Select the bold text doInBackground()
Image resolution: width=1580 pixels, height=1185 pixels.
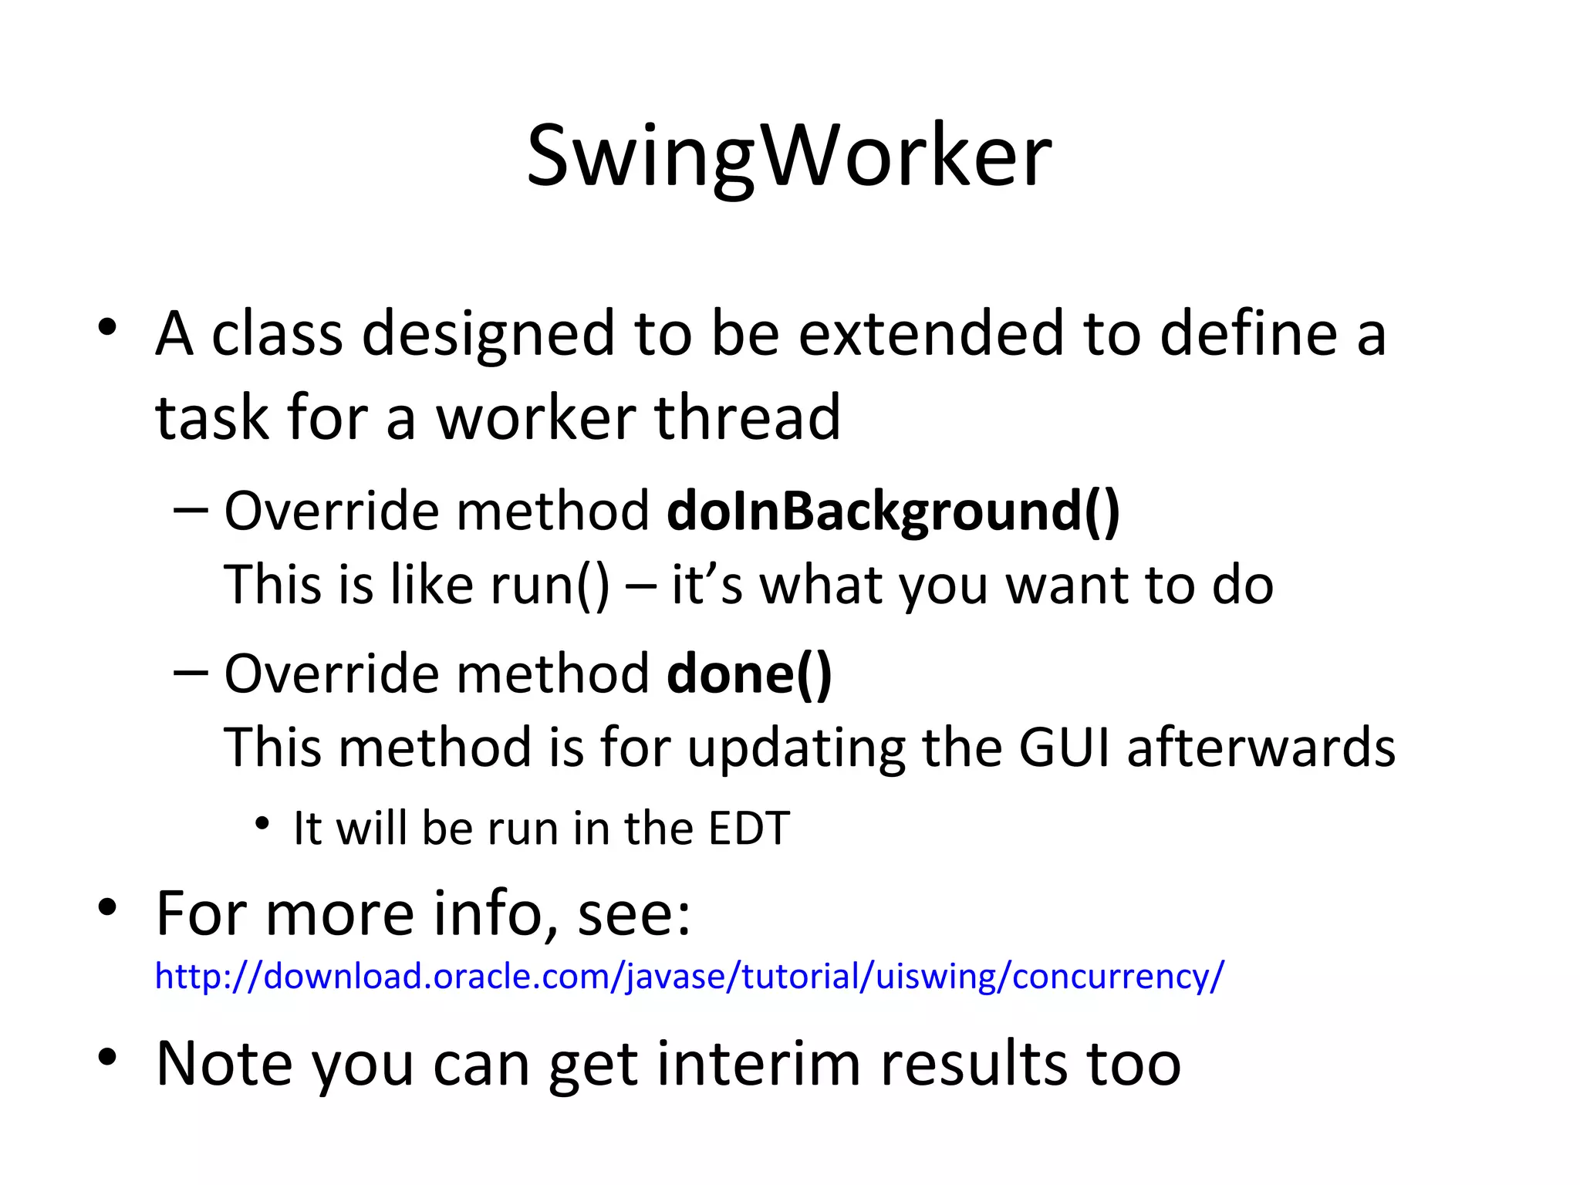(893, 511)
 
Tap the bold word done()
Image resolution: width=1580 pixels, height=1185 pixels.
(749, 674)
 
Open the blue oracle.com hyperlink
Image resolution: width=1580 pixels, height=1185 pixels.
(689, 976)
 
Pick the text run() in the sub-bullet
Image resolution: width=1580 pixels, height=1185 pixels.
(550, 585)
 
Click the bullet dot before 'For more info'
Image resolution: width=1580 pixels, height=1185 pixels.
(107, 907)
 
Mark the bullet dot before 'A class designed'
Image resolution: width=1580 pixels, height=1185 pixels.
(107, 328)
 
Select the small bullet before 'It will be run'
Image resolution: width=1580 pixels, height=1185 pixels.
(262, 824)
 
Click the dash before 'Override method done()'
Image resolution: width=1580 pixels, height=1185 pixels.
(191, 672)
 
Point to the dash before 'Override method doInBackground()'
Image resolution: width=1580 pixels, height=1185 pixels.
(191, 510)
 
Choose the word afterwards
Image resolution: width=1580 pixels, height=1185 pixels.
(1261, 747)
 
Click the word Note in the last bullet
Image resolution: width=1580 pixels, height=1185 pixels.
(225, 1064)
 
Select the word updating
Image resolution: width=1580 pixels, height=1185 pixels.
(796, 747)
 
